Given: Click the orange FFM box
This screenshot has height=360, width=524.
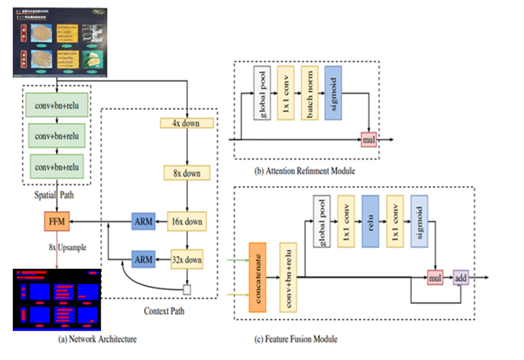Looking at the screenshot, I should pyautogui.click(x=56, y=221).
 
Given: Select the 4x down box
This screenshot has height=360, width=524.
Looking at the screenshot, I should pyautogui.click(x=187, y=123).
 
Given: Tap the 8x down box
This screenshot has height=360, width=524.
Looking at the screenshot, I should pyautogui.click(x=187, y=173).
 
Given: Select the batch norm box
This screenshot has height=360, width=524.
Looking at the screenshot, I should pyautogui.click(x=310, y=93).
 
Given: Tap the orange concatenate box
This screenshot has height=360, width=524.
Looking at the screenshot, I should pyautogui.click(x=259, y=276).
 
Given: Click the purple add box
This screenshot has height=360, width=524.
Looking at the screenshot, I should pyautogui.click(x=461, y=276).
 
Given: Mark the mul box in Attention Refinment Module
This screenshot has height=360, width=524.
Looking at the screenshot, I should pyautogui.click(x=369, y=140).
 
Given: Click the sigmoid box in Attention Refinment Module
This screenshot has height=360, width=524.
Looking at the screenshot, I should pyautogui.click(x=334, y=93).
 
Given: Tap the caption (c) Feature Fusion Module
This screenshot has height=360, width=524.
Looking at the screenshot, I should pyautogui.click(x=295, y=338).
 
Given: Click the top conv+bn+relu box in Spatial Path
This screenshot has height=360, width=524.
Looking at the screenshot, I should pyautogui.click(x=57, y=106).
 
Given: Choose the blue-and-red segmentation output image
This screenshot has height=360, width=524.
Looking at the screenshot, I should pyautogui.click(x=56, y=299).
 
